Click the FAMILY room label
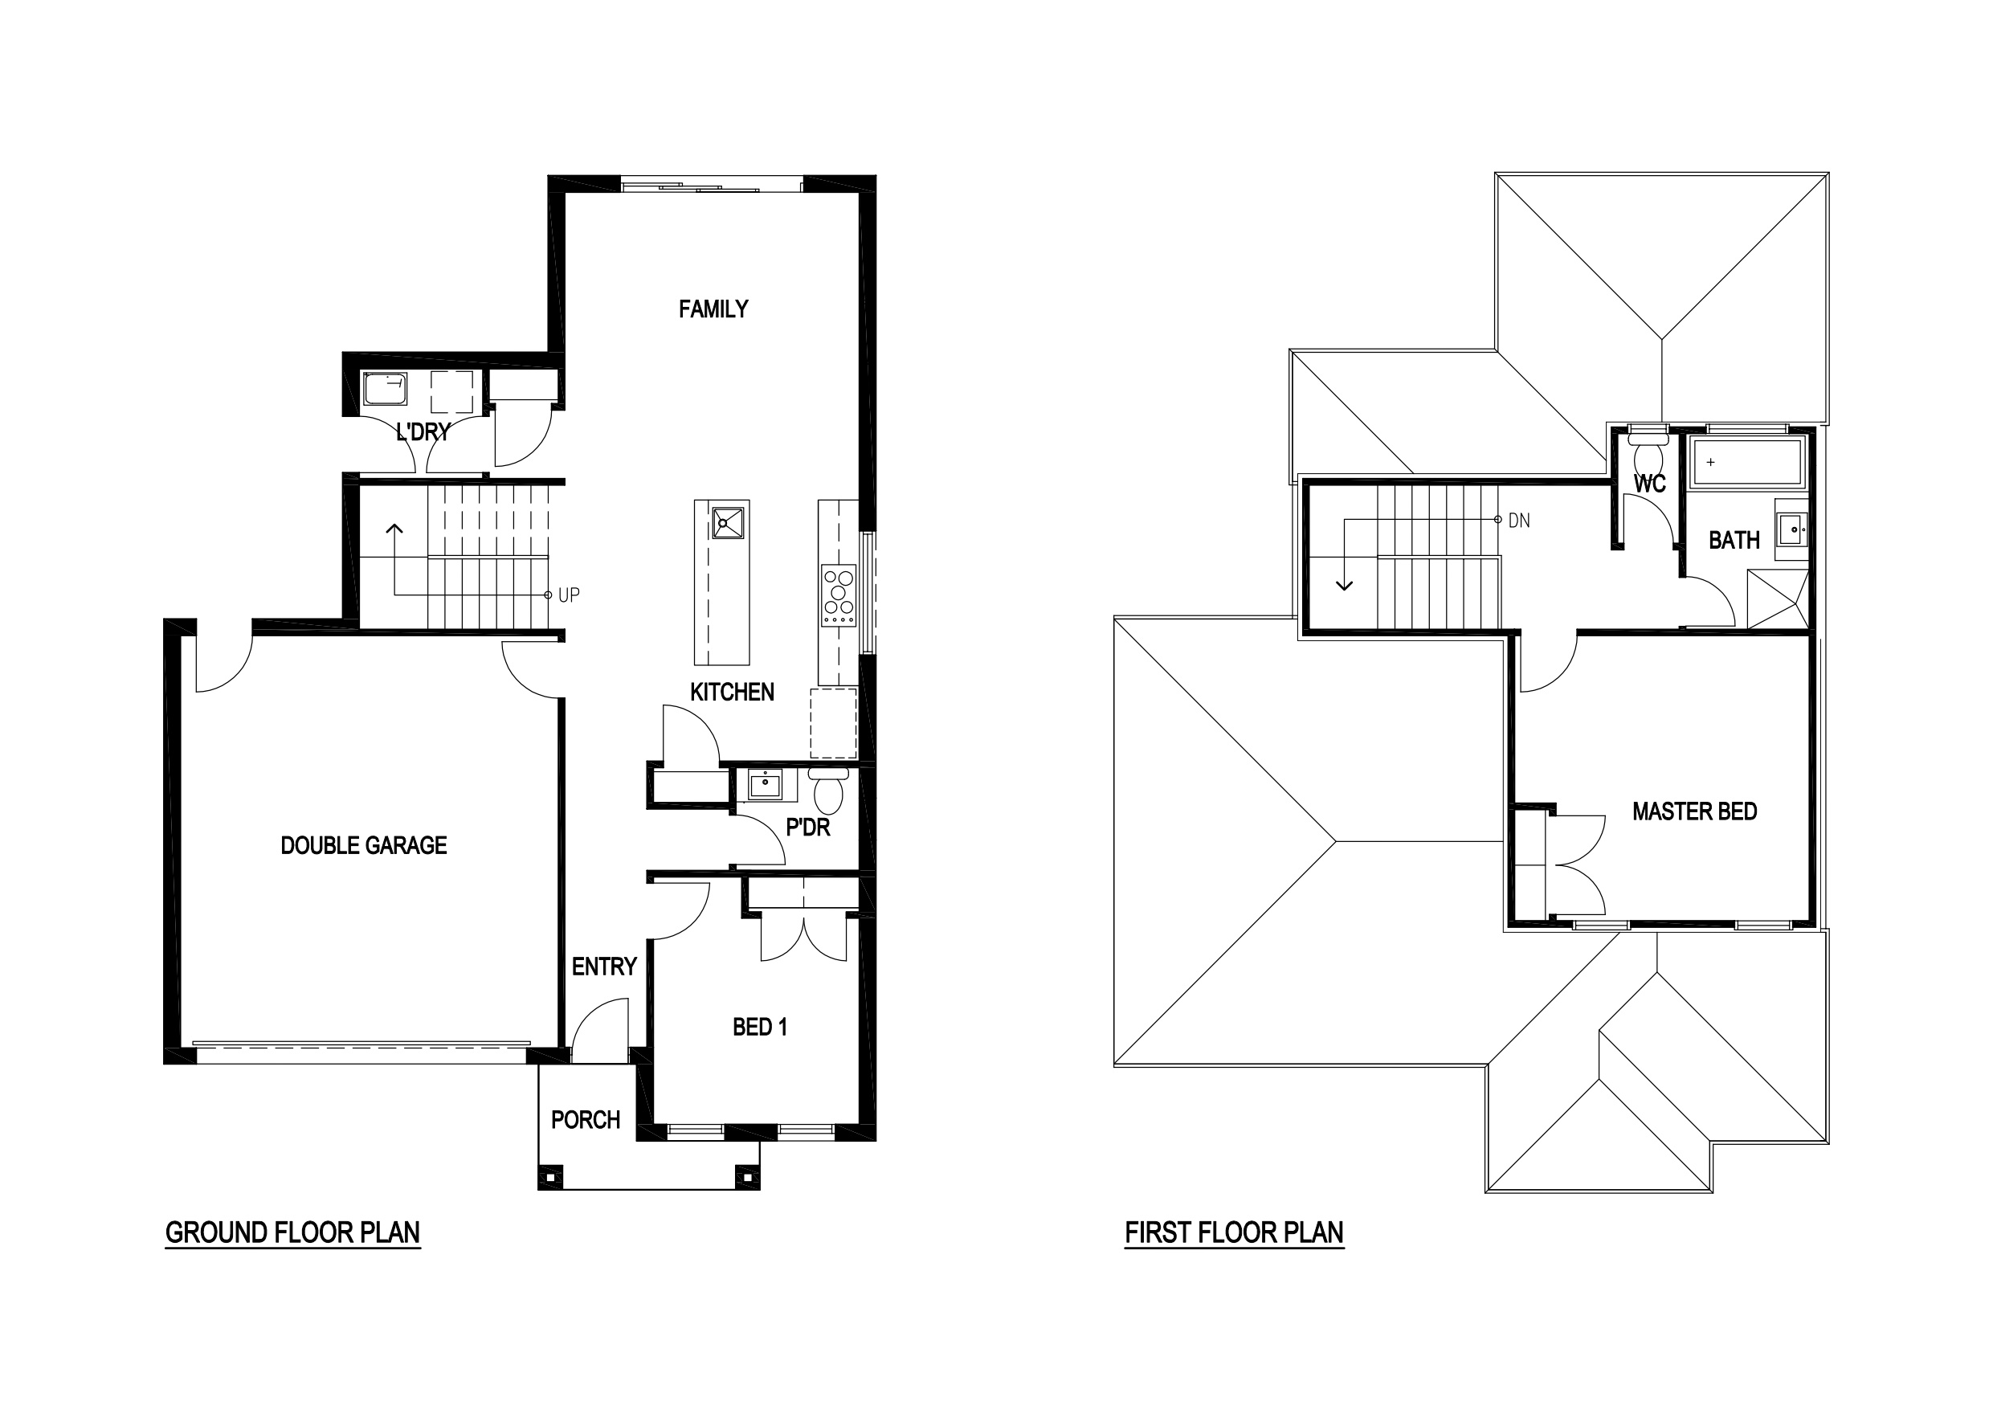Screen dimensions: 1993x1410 pyautogui.click(x=713, y=309)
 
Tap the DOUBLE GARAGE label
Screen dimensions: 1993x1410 pyautogui.click(x=364, y=846)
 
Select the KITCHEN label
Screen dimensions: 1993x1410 pyautogui.click(x=732, y=692)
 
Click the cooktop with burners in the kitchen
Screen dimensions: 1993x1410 pyautogui.click(x=839, y=595)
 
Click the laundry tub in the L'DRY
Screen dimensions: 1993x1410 pyautogui.click(x=386, y=388)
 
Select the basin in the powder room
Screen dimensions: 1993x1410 pyautogui.click(x=765, y=783)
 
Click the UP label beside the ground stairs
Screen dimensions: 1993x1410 pyautogui.click(x=569, y=595)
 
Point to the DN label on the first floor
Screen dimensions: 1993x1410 pyautogui.click(x=1519, y=521)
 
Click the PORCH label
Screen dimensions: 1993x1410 pyautogui.click(x=586, y=1120)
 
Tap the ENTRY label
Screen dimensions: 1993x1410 pyautogui.click(x=604, y=967)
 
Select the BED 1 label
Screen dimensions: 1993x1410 pyautogui.click(x=760, y=1027)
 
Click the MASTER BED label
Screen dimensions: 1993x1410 pyautogui.click(x=1694, y=811)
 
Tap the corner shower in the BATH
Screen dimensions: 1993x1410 pyautogui.click(x=1778, y=599)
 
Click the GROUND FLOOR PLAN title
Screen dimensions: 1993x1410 pyautogui.click(x=292, y=1233)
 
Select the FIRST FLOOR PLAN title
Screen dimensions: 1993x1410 pyautogui.click(x=1235, y=1233)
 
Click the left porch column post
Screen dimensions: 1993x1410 pyautogui.click(x=550, y=1178)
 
